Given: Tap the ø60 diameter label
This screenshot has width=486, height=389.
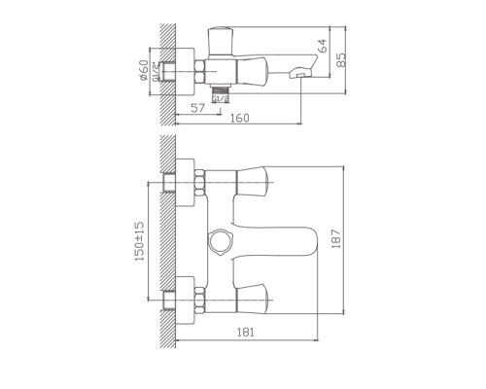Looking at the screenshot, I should pyautogui.click(x=144, y=71).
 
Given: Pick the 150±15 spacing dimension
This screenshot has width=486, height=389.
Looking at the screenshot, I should pyautogui.click(x=140, y=240).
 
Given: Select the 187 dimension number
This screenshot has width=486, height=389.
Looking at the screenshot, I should pyautogui.click(x=334, y=239).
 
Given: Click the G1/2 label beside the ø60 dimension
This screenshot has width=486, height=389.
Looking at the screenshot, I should pyautogui.click(x=156, y=72).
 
